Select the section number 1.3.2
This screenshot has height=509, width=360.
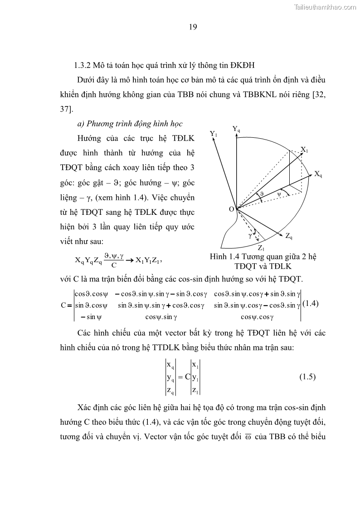coord(83,65)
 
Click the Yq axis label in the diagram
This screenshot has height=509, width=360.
coord(236,129)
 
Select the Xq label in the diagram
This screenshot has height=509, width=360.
coord(318,174)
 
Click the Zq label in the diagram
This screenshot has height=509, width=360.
coord(289,236)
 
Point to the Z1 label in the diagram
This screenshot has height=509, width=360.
coord(261,247)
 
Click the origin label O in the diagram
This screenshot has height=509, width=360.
coord(231,209)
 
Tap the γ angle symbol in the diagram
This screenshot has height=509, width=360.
coord(250,236)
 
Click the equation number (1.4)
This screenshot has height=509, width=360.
coord(310,304)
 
